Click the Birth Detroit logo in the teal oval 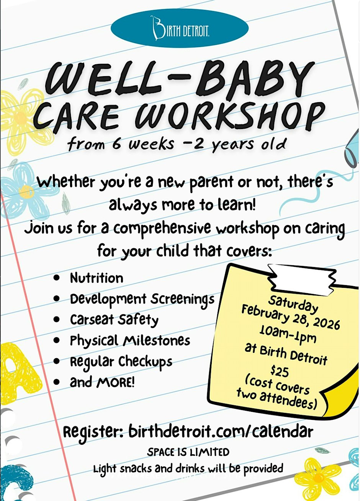(180, 28)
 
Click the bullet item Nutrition (97, 278)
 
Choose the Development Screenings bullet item (142, 300)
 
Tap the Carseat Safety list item (114, 320)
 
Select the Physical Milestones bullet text (130, 340)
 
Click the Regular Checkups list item (121, 362)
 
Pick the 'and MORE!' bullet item (102, 382)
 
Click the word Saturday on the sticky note (293, 304)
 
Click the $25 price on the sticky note (280, 371)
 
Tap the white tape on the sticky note (303, 279)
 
